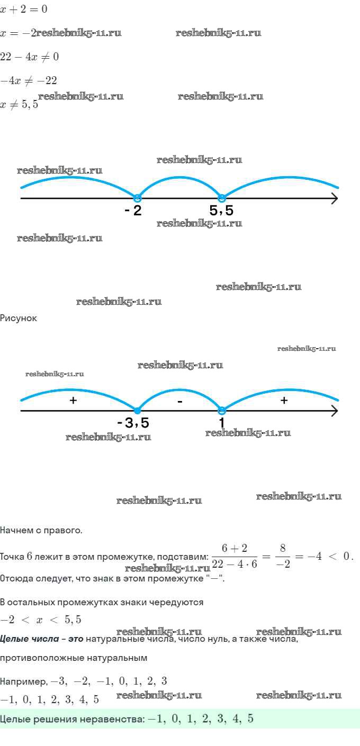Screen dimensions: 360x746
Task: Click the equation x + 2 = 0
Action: tap(24, 10)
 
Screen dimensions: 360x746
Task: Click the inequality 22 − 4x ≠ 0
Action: tap(29, 57)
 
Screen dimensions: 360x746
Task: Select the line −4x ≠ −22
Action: tap(29, 80)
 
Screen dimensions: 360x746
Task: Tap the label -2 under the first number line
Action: tap(133, 211)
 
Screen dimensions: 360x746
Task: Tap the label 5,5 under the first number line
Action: tap(221, 211)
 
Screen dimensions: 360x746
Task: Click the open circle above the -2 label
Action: tap(137, 198)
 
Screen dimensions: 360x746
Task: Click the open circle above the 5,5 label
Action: tap(222, 198)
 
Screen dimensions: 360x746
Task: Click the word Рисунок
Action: tap(19, 318)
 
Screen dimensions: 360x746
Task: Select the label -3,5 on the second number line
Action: tap(133, 423)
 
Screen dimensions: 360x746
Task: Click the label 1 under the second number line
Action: tap(222, 423)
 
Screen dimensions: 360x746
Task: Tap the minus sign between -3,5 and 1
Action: tap(180, 402)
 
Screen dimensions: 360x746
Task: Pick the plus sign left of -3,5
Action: tap(74, 401)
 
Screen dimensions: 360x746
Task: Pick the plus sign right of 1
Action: tap(284, 401)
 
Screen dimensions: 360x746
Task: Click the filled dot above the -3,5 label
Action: tap(137, 411)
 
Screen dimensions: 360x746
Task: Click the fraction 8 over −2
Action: tap(283, 556)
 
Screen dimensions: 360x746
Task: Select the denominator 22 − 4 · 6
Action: tap(235, 564)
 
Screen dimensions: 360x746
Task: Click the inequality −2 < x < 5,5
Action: tap(41, 620)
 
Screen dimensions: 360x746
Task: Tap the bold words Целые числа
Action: tap(29, 639)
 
